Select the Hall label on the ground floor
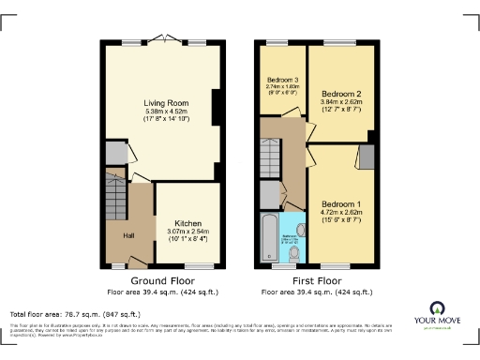click(127, 234)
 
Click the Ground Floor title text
click(161, 280)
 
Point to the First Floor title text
click(317, 280)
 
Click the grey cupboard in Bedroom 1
click(365, 157)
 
